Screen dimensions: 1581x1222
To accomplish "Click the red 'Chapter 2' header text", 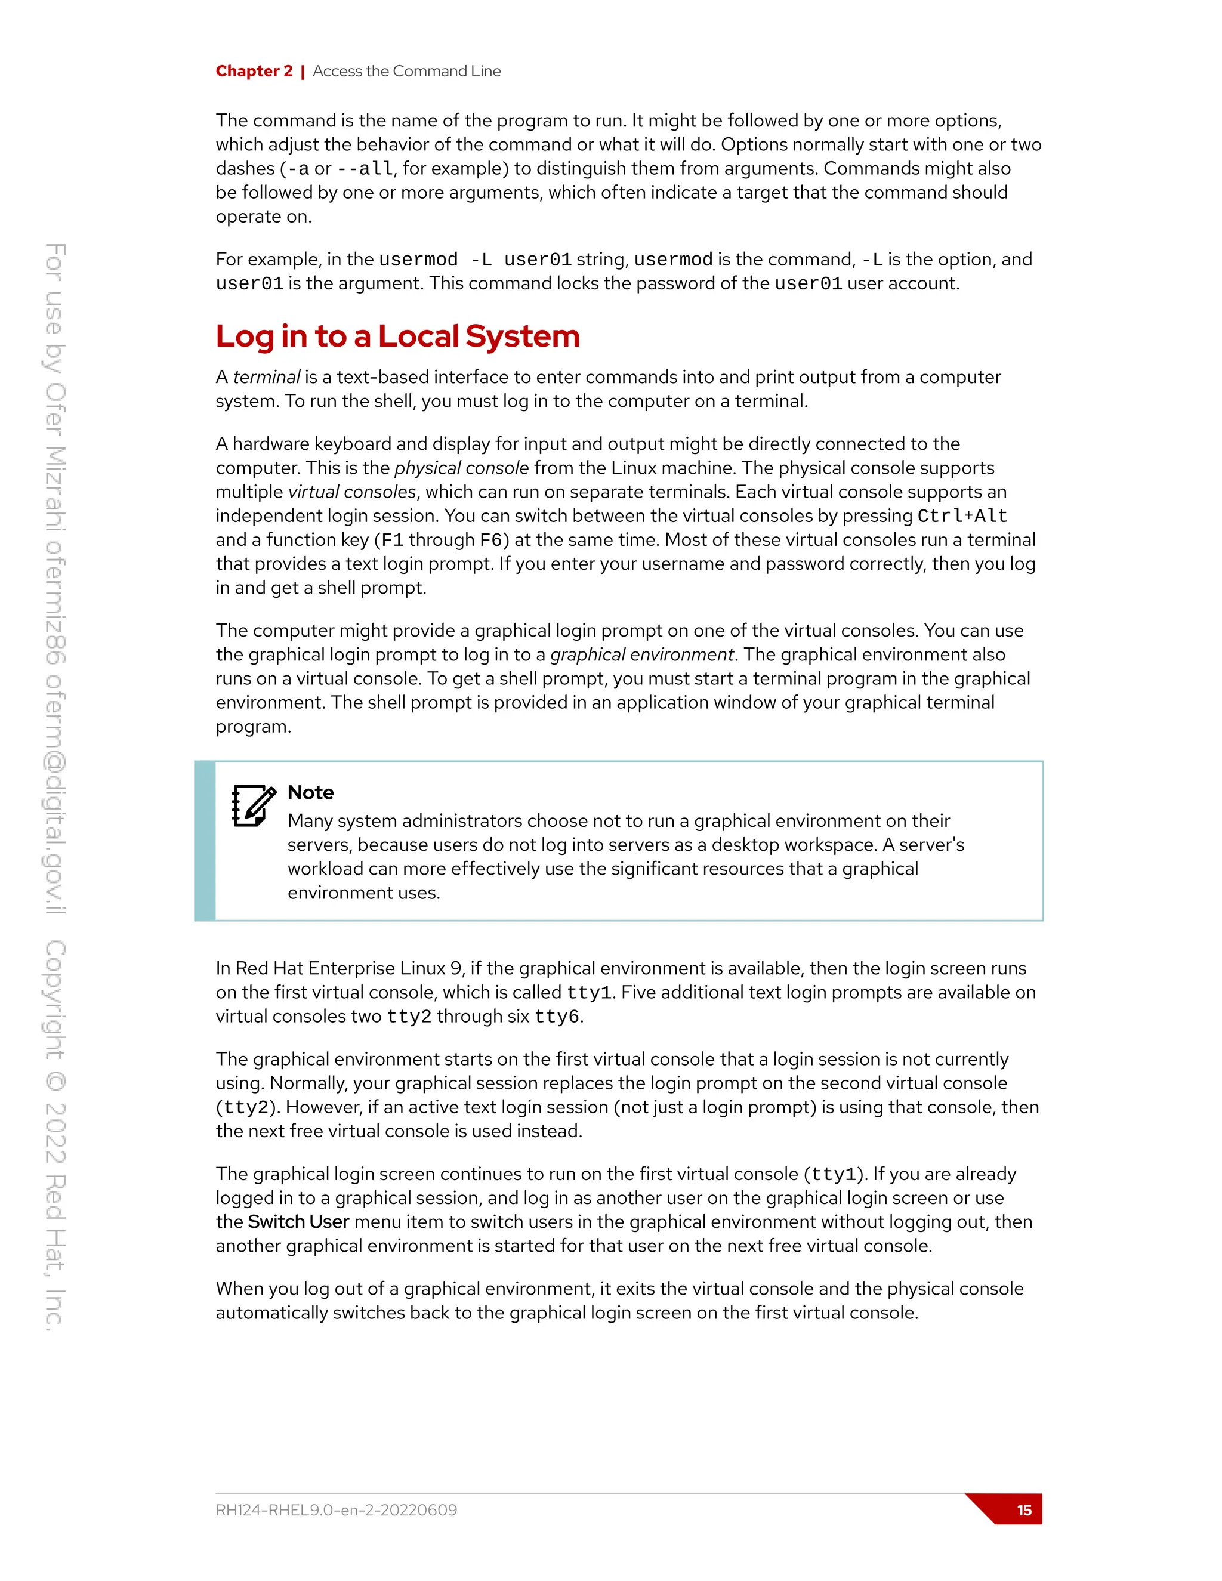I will coord(254,71).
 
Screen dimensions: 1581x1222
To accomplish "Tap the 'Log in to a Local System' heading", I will coord(397,336).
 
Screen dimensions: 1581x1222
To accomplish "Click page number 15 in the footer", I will coord(1024,1510).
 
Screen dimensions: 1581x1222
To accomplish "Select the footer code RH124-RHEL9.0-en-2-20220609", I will coord(336,1510).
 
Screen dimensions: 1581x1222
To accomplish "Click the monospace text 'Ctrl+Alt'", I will coord(962,516).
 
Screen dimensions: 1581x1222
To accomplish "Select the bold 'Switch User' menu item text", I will coord(298,1222).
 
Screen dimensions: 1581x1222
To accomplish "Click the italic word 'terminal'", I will coord(266,377).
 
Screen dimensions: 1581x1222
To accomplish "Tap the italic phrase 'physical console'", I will coord(461,468).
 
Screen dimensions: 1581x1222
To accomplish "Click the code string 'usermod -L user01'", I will coord(475,260).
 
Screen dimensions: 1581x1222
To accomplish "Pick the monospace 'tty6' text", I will coord(557,1017).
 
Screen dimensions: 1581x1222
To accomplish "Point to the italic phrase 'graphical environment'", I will coord(642,654).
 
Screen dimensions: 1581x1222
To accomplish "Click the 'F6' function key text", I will coord(491,540).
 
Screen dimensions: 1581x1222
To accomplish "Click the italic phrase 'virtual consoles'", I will coord(352,492).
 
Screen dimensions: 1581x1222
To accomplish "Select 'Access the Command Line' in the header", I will coord(406,71).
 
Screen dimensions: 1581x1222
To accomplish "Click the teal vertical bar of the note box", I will coord(205,841).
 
